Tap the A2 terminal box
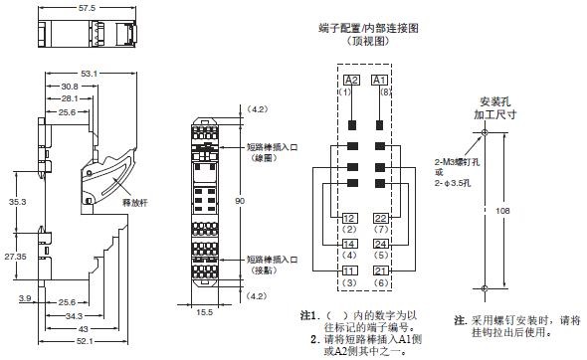pos(350,80)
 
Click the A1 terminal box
pos(378,80)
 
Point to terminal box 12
pos(350,218)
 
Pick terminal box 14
pos(350,244)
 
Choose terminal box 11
pos(350,270)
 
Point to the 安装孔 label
pos(488,101)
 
